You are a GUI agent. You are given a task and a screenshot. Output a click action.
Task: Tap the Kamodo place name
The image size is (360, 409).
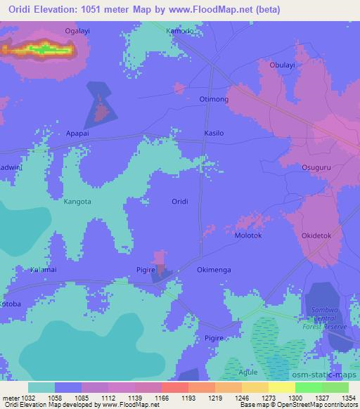[179, 32]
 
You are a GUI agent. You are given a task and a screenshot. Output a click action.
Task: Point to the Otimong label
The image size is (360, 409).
[214, 100]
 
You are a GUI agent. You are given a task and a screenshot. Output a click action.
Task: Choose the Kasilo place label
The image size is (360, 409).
[214, 133]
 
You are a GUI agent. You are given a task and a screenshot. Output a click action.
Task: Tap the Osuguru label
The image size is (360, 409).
[316, 167]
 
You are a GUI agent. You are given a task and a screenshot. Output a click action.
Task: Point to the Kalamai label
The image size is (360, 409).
[44, 269]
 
